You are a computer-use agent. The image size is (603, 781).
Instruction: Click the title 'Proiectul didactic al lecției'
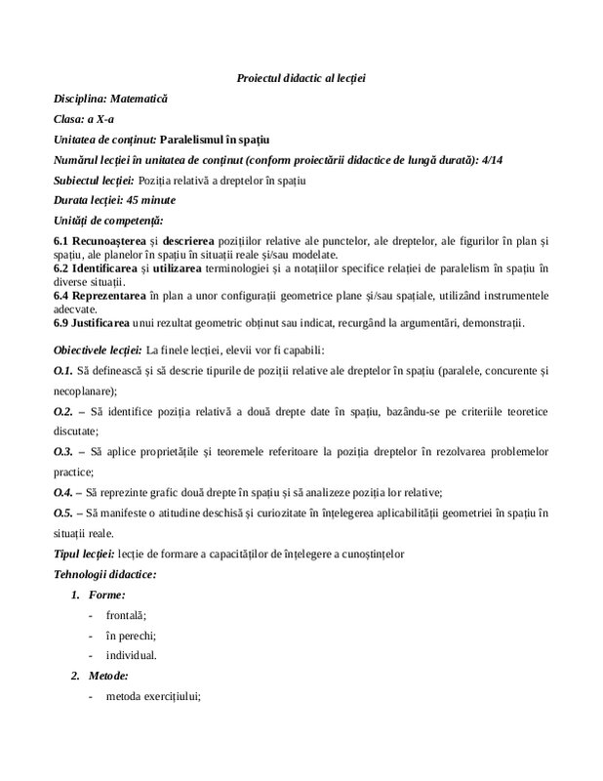pos(301,77)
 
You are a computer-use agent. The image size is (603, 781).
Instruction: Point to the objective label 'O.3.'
pos(62,452)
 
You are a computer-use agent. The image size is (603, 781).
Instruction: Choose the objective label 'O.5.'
pos(62,513)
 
